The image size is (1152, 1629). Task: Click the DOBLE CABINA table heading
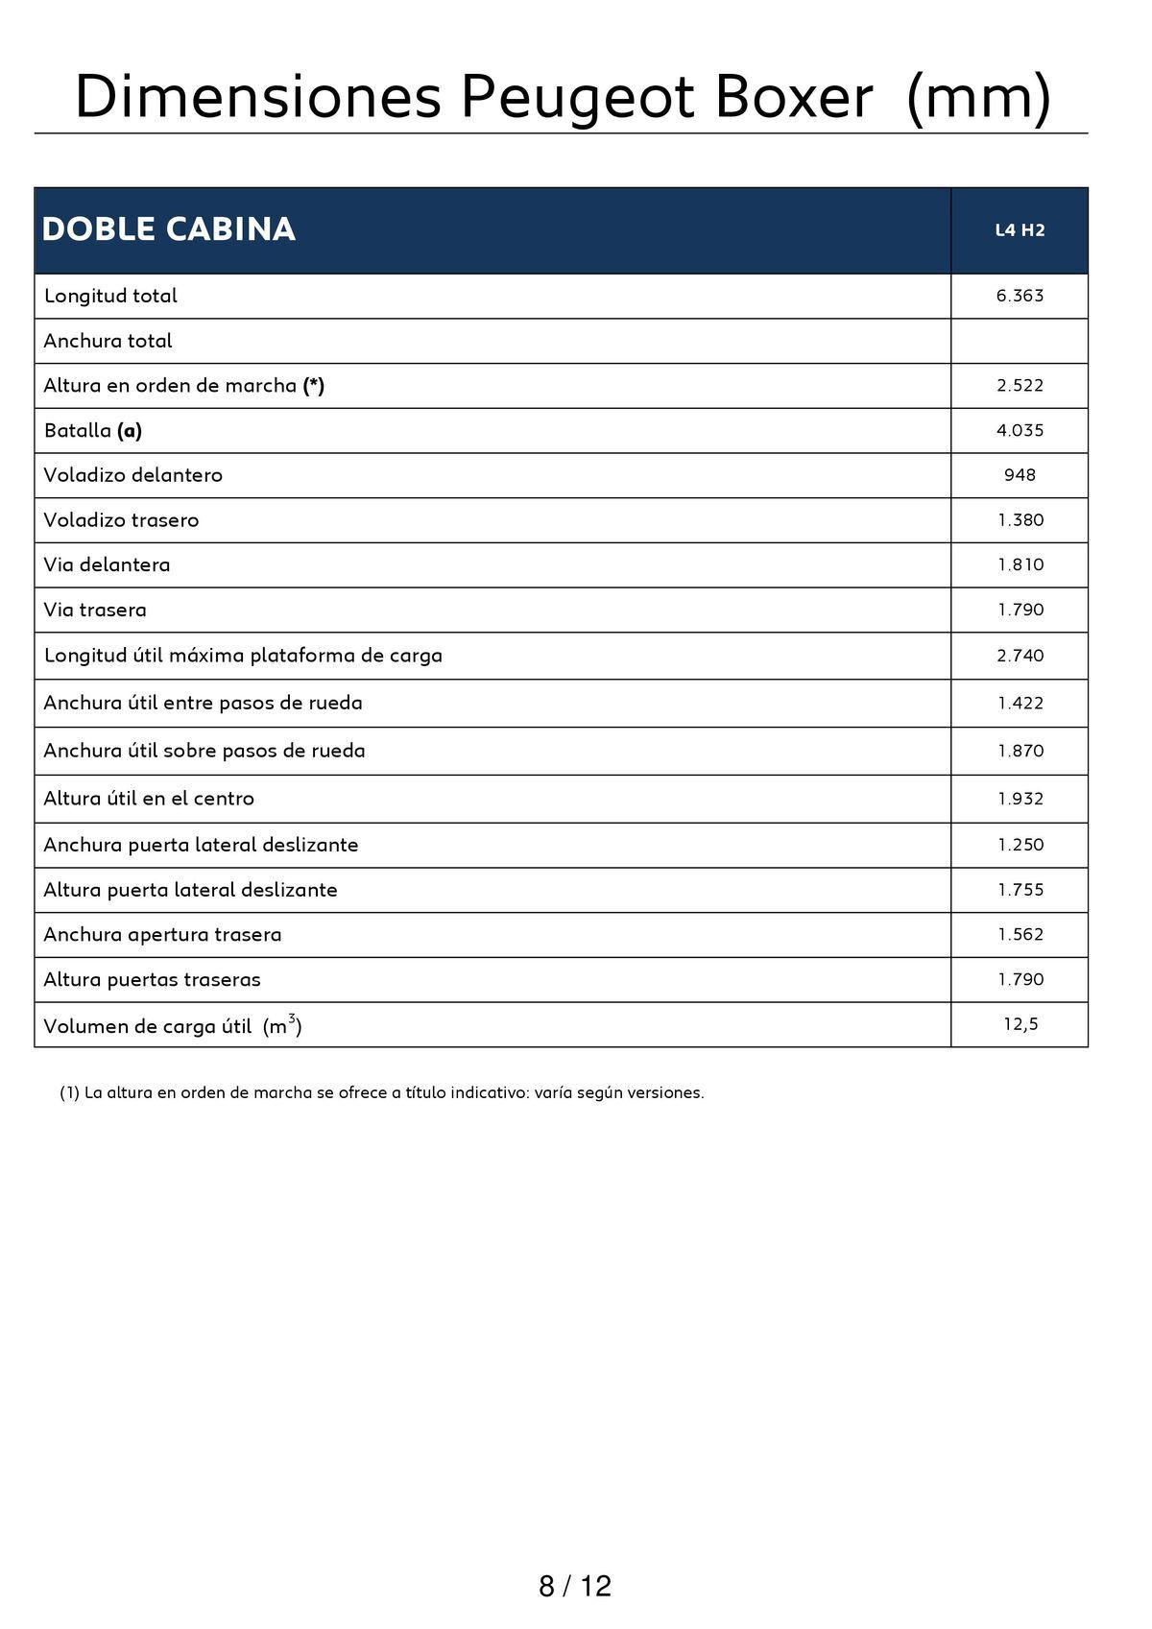(169, 229)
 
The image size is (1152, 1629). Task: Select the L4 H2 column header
(1020, 230)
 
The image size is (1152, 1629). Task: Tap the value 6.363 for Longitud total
(1020, 296)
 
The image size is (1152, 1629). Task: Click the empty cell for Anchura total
(1020, 341)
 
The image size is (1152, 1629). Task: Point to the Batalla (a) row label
(93, 430)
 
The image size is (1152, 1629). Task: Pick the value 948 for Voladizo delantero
(1020, 475)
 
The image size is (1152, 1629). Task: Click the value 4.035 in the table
(1020, 430)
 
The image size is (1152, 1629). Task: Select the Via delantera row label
(107, 564)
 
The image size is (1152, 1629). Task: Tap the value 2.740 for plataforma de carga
(1020, 656)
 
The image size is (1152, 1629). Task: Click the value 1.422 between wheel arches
(1020, 703)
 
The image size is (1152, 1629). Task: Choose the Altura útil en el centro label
(149, 798)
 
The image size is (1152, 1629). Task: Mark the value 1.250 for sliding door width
(1020, 845)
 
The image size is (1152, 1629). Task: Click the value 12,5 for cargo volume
(1020, 1024)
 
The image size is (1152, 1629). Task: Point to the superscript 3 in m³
(292, 1018)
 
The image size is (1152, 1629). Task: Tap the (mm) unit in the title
(978, 97)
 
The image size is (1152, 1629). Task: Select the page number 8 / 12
(575, 1586)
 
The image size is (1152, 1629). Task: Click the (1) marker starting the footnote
(69, 1092)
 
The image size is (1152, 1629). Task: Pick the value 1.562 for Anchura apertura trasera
(1020, 934)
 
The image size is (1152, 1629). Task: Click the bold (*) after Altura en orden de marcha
(314, 385)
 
